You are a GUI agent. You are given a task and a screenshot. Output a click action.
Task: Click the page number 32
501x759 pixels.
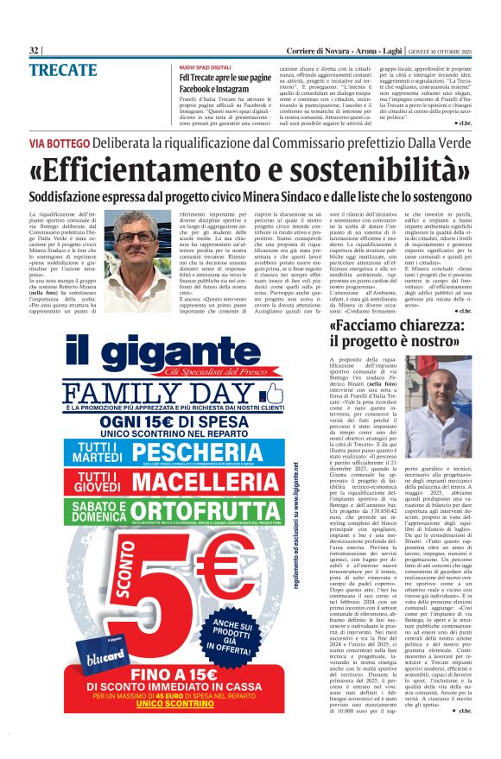click(x=35, y=51)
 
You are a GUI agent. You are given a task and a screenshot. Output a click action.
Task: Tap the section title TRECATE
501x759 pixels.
click(x=62, y=68)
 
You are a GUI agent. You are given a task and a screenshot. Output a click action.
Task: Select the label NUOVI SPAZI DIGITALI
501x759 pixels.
click(x=206, y=66)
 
